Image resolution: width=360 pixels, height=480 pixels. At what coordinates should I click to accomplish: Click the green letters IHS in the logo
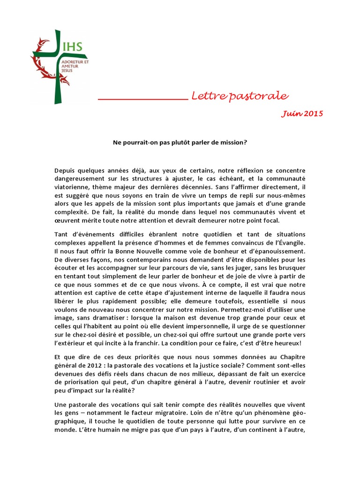(x=73, y=46)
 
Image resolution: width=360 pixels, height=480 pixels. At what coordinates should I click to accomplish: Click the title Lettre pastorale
(x=240, y=96)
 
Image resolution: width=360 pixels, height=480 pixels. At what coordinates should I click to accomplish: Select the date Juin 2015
(x=302, y=114)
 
